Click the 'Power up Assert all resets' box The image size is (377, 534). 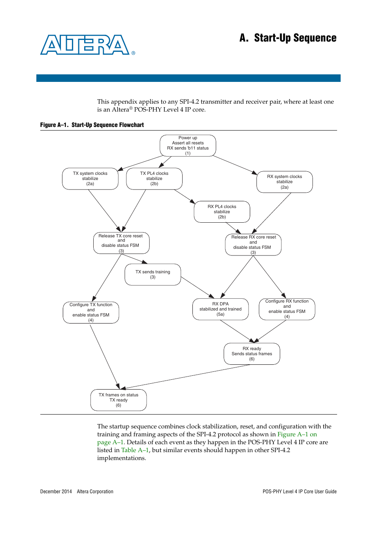(x=188, y=146)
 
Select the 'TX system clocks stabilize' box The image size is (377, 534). (x=90, y=179)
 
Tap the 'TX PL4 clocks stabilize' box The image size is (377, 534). (x=154, y=179)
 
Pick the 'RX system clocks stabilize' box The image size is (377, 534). (x=285, y=182)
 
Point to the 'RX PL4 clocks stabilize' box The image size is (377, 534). (x=222, y=212)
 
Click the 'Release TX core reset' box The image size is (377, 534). (x=121, y=243)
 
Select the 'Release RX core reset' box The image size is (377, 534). (x=253, y=245)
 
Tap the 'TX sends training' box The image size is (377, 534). (x=153, y=275)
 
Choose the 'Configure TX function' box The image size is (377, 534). (x=91, y=312)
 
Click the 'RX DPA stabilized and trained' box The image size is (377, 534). (x=221, y=309)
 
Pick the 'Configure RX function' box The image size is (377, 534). (x=287, y=309)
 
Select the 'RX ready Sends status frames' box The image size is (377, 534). (x=252, y=354)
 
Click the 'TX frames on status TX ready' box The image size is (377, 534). (x=119, y=400)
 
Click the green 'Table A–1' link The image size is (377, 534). (x=135, y=450)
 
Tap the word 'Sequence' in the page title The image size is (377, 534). (x=315, y=38)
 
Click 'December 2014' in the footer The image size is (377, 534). (x=56, y=492)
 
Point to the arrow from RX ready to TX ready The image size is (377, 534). (x=186, y=377)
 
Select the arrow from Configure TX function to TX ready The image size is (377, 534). (x=104, y=356)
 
